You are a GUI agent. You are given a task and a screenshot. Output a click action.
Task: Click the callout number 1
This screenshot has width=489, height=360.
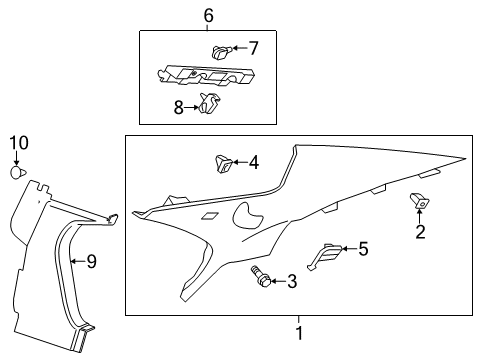coord(297,330)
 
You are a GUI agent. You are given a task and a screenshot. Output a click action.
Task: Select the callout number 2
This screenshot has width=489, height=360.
coord(420,232)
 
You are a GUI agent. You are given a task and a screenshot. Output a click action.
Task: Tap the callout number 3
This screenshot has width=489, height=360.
coord(292,282)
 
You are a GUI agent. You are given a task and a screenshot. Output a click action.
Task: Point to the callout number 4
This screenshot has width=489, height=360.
coord(254,162)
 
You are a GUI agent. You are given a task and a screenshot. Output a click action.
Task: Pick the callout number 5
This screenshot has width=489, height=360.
coord(362,248)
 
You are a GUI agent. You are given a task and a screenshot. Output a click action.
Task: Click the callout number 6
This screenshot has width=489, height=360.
coord(208,15)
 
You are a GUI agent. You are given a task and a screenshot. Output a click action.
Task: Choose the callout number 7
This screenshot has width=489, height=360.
coord(253,47)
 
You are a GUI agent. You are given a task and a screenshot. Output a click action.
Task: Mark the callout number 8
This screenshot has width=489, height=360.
coord(179,107)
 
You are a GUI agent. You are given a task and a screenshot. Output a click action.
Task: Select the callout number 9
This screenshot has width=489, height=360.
coord(90,261)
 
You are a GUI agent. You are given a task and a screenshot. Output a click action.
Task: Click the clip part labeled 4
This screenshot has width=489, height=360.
coord(222,163)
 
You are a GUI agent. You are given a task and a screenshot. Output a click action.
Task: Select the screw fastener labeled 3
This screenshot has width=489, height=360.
coord(262,278)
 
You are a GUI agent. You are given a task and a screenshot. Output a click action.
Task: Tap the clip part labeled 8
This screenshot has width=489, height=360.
coord(210,104)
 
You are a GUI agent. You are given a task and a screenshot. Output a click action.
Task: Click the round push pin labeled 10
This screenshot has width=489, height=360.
coord(16,173)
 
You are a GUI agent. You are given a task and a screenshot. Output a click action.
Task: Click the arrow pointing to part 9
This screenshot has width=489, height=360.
coord(79,261)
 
